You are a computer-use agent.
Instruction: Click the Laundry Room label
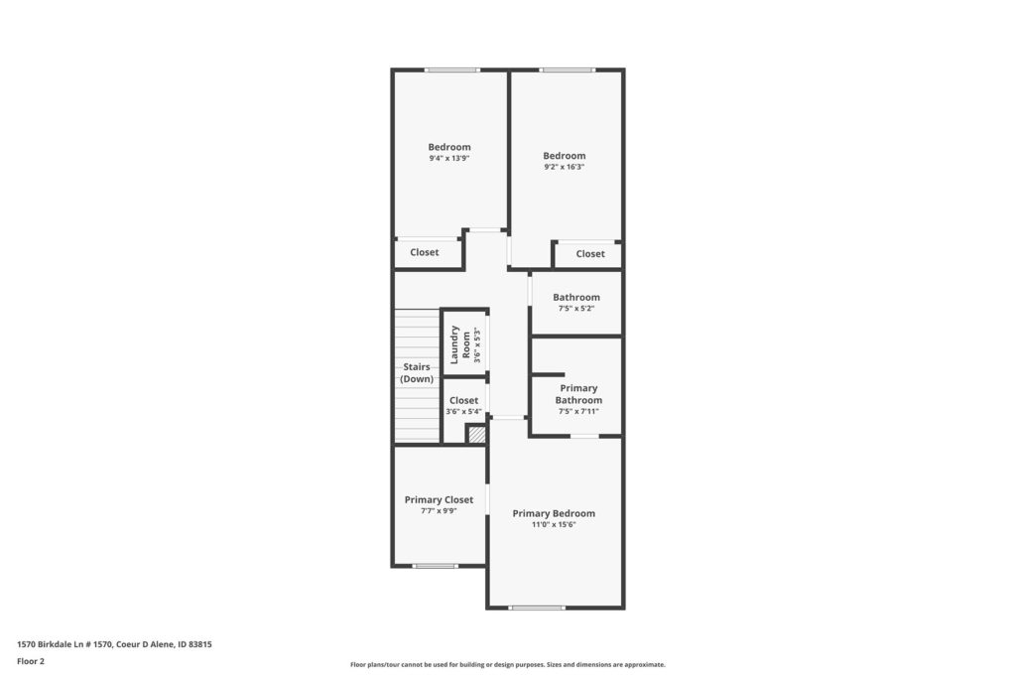pyautogui.click(x=460, y=344)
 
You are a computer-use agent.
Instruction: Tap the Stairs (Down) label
pyautogui.click(x=417, y=372)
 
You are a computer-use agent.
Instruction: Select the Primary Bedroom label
pyautogui.click(x=554, y=513)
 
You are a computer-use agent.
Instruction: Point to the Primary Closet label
pyautogui.click(x=439, y=499)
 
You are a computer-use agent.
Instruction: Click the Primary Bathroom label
pyautogui.click(x=578, y=394)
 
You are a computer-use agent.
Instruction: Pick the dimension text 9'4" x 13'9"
pyautogui.click(x=449, y=158)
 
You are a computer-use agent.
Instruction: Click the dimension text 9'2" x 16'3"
pyautogui.click(x=565, y=167)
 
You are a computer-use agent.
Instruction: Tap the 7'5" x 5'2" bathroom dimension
pyautogui.click(x=576, y=309)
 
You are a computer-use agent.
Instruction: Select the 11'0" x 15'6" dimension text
pyautogui.click(x=554, y=525)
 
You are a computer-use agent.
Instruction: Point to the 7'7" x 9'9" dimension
pyautogui.click(x=439, y=511)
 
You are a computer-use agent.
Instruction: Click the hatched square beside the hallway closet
pyautogui.click(x=477, y=434)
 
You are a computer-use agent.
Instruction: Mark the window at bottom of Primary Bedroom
pyautogui.click(x=537, y=608)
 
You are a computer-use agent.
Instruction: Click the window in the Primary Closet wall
pyautogui.click(x=436, y=566)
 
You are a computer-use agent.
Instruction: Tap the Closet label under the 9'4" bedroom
pyautogui.click(x=425, y=252)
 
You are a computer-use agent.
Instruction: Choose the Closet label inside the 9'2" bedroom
pyautogui.click(x=590, y=254)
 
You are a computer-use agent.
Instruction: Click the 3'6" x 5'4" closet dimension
pyautogui.click(x=464, y=412)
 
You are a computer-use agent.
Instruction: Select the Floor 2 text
pyautogui.click(x=31, y=661)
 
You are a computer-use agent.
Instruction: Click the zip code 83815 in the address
pyautogui.click(x=200, y=644)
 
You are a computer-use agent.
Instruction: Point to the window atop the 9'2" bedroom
pyautogui.click(x=567, y=69)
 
